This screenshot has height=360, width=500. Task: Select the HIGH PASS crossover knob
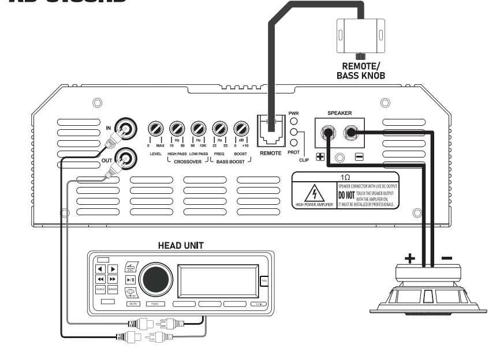(x=177, y=128)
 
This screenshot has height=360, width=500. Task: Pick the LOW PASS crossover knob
(x=199, y=128)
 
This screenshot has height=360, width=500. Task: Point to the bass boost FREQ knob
(x=220, y=128)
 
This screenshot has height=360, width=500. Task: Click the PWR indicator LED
(x=294, y=122)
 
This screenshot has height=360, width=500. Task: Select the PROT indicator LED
(x=294, y=142)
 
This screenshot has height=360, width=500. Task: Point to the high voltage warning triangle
(x=314, y=193)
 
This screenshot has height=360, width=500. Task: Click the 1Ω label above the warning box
(x=344, y=177)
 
